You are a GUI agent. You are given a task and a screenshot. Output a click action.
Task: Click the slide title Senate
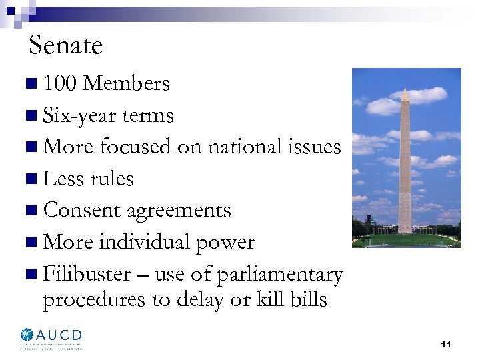tap(65, 46)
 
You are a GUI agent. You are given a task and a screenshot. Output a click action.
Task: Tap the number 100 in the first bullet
tap(59, 84)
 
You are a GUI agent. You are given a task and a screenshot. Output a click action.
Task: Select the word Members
tap(127, 84)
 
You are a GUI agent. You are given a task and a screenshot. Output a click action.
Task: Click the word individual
tap(154, 242)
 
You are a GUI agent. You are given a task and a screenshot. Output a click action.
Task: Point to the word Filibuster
tap(87, 274)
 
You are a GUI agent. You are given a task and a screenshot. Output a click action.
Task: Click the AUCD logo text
tap(59, 335)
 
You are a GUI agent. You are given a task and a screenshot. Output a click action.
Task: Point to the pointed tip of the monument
tap(405, 87)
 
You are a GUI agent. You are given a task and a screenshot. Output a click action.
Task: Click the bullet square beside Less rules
tap(33, 179)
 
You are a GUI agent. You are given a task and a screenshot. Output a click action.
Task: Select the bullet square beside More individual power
tap(33, 243)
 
